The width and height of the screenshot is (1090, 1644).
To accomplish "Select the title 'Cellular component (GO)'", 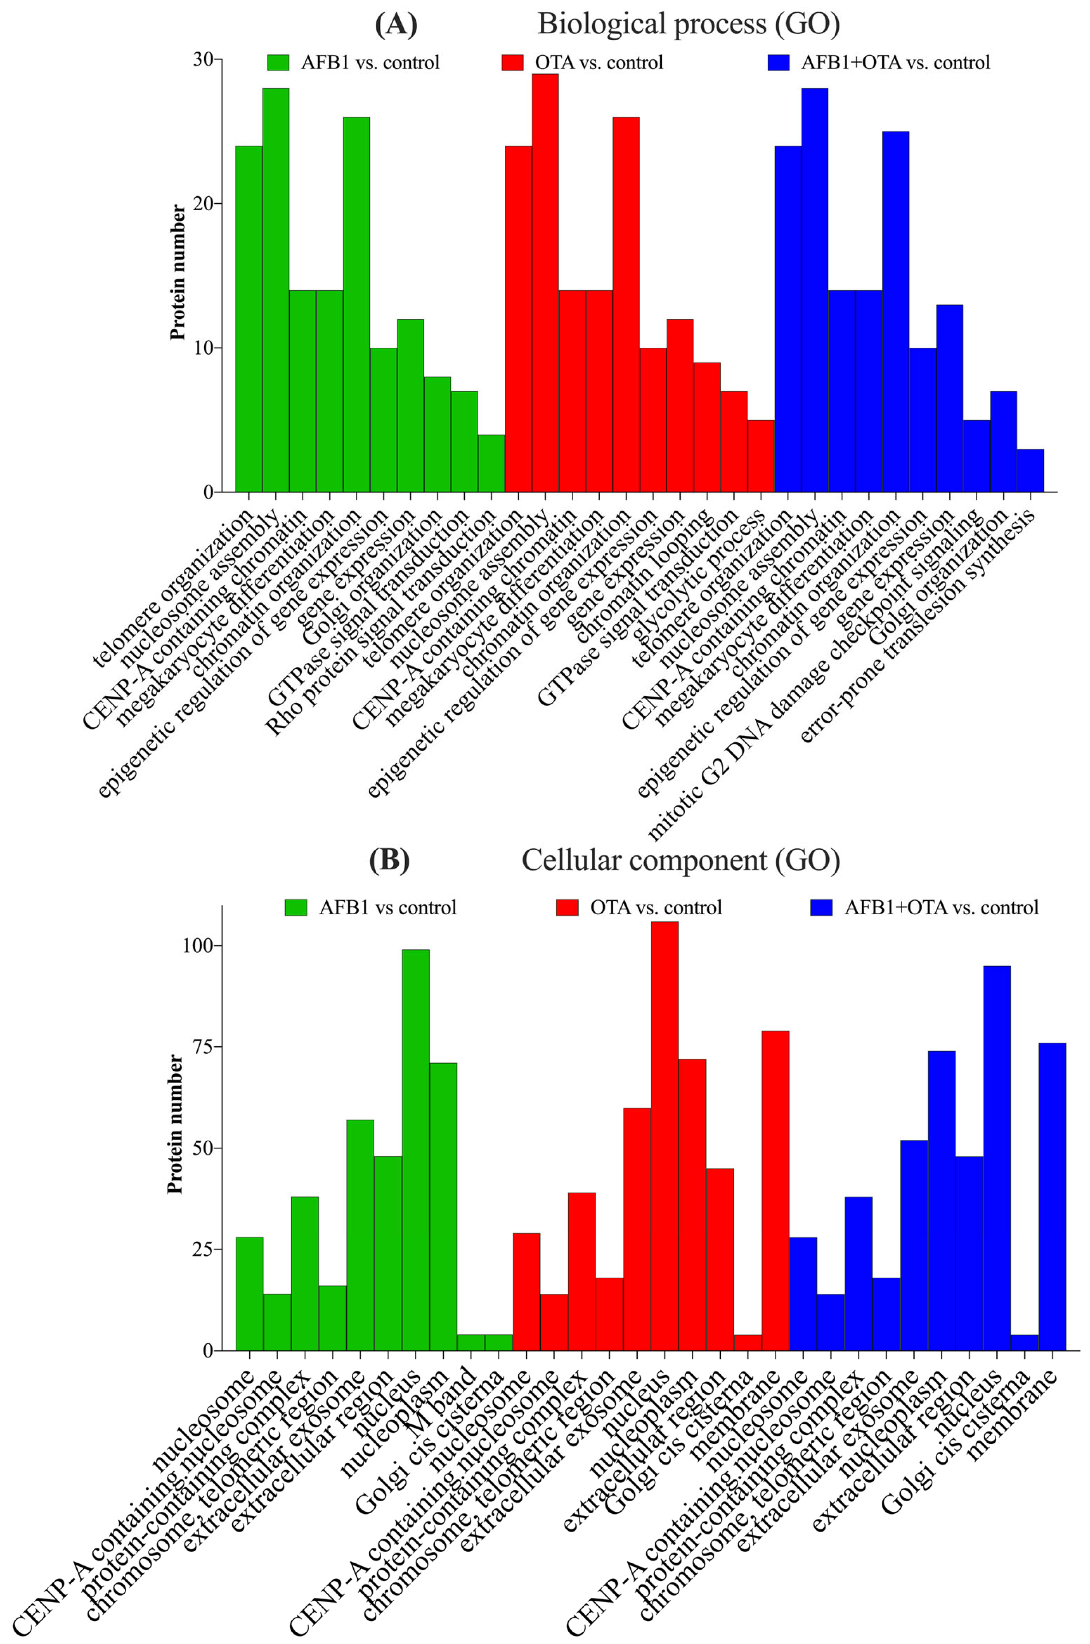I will [x=681, y=860].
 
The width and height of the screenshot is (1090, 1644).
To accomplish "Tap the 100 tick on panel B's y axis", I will [x=199, y=945].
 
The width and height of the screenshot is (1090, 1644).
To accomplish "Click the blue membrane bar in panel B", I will [x=1052, y=1195].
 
